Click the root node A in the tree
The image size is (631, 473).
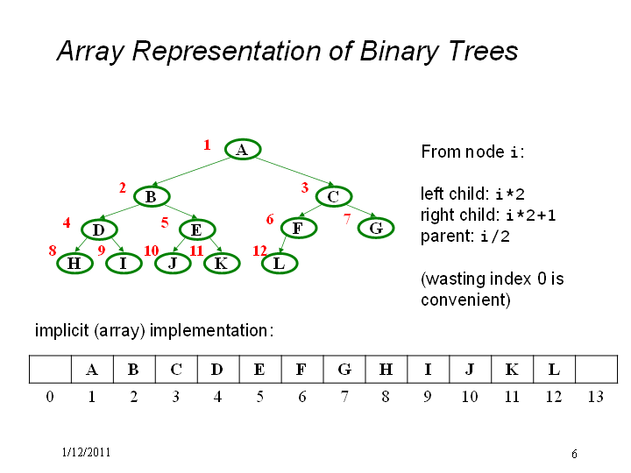[243, 149]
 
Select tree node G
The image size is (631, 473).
[376, 228]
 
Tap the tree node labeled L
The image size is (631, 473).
[280, 264]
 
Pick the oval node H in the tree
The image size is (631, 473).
[74, 264]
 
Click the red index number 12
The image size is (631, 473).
[259, 251]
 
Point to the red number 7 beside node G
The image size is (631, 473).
[347, 219]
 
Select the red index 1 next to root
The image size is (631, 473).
[207, 145]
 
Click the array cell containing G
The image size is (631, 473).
[344, 370]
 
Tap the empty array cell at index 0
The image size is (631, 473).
[50, 370]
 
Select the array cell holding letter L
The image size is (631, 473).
[554, 370]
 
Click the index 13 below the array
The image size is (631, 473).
[596, 397]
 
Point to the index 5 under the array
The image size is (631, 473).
[260, 397]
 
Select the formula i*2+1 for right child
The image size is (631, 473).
[531, 215]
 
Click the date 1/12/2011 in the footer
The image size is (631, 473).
[86, 453]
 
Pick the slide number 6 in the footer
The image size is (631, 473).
[574, 454]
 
